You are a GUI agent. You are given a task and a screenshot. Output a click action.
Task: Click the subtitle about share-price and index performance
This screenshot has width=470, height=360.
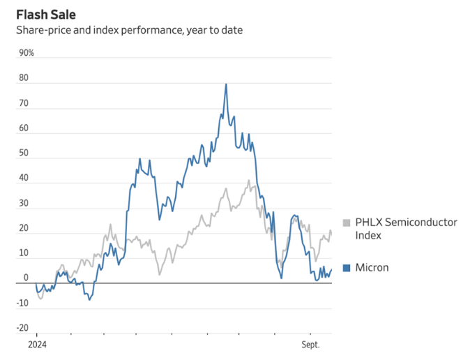tap(130, 31)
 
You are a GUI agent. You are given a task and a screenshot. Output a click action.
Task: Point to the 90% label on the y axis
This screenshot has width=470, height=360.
tap(26, 53)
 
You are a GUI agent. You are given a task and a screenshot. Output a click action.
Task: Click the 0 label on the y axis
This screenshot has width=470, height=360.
tap(26, 278)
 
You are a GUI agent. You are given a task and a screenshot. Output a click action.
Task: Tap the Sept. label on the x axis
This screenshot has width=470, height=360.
tap(311, 345)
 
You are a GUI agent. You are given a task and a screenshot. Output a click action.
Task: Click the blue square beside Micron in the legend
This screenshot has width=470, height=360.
tap(347, 267)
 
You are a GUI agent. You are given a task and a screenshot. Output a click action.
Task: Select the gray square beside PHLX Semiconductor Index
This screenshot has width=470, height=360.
tap(347, 223)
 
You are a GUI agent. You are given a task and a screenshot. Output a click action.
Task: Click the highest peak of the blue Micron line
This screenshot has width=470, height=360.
tap(226, 84)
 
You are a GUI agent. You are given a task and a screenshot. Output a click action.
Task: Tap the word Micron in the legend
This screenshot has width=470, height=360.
tap(372, 267)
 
